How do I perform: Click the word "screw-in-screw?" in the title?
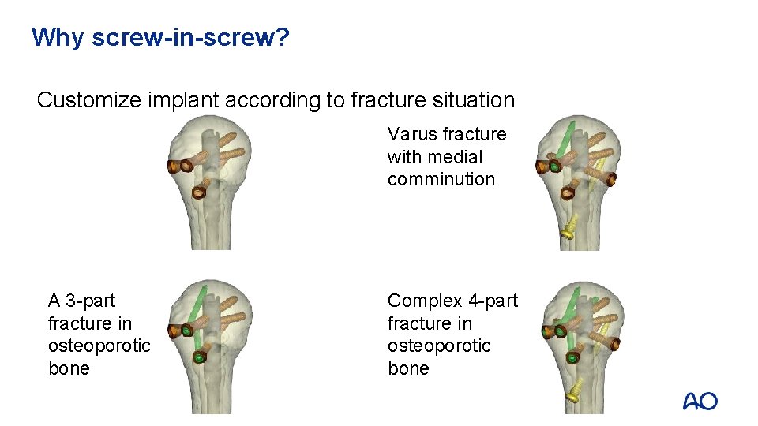pos(190,37)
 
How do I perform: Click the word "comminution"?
pos(441,179)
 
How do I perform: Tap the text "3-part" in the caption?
pos(90,301)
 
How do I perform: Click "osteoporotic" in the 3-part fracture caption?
pos(99,346)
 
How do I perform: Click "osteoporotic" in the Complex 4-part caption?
pos(438,346)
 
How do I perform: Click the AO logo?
pos(700,402)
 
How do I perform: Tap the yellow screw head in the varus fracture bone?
pos(566,232)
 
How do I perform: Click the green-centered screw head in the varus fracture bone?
pos(554,167)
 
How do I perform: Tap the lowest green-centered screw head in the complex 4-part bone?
pos(571,357)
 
